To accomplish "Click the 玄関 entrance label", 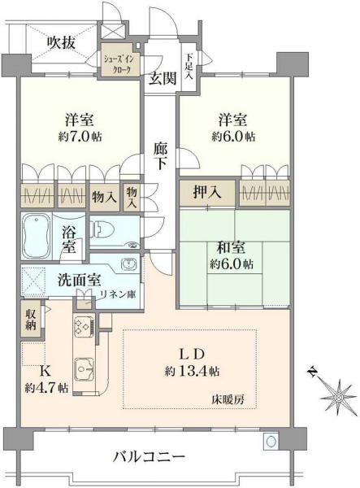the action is [x=163, y=78].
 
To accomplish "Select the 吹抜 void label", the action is [x=61, y=42].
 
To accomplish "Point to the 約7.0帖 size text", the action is [x=80, y=137].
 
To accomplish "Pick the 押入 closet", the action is [x=207, y=193].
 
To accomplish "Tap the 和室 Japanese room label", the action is [x=231, y=248].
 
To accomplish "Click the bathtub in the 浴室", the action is [x=36, y=236].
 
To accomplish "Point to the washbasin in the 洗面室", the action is [x=128, y=264].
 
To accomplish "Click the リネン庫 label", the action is [x=118, y=294].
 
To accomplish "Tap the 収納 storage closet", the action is [x=31, y=320].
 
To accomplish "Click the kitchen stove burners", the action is [x=85, y=325].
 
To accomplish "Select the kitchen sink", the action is [x=84, y=368].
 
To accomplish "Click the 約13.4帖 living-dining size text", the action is [x=193, y=371].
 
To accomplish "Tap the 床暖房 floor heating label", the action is [x=228, y=399].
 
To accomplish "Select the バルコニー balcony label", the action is [x=150, y=457].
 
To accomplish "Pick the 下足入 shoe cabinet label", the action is [x=189, y=68].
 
